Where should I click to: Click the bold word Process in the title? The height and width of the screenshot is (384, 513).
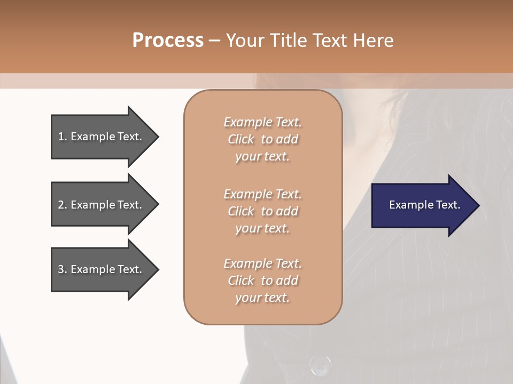(168, 41)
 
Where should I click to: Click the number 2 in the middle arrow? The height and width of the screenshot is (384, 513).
(61, 205)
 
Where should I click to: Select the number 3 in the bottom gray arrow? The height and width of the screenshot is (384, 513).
(61, 269)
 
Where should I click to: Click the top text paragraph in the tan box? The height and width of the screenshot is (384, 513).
(262, 139)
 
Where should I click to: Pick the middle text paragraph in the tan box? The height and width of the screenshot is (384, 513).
(262, 211)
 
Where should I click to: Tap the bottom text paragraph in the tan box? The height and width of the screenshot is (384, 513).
(262, 281)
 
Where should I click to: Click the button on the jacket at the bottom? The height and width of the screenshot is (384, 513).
(320, 366)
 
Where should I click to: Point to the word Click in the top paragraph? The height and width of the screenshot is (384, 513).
(241, 139)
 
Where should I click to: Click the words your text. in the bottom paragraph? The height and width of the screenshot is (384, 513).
(262, 298)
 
